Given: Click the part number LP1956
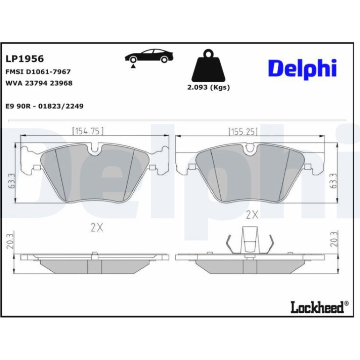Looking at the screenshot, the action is point(25,59).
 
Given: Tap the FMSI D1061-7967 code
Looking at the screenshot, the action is point(38,72).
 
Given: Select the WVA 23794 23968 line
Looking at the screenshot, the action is point(39,83).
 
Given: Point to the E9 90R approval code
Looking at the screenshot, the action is point(44,106).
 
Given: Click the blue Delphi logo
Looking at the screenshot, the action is point(302,69).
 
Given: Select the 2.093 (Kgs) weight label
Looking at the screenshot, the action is point(209,87).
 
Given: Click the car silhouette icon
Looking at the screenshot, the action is point(149,57).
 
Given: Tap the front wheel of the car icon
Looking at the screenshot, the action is point(133,60).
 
